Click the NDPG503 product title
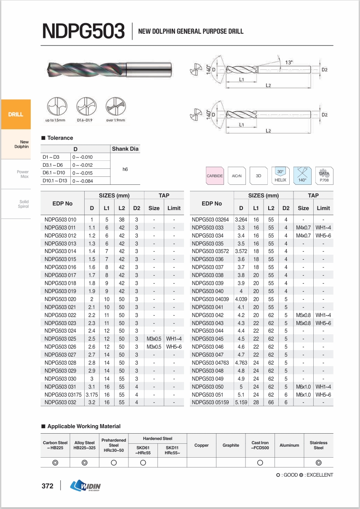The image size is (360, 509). pos(84,32)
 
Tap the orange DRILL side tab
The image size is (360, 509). pos(16,114)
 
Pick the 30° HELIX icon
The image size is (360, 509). pos(280,176)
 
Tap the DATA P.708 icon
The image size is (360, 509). pos(324,176)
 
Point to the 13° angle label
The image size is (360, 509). pos(289,62)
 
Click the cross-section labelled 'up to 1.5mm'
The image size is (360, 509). pos(55,107)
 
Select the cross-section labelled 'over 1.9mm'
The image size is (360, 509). pos(115,107)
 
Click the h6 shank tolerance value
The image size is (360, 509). pos(125,169)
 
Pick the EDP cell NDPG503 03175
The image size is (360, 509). pos(63,394)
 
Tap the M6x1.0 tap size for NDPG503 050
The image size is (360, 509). pos(303,386)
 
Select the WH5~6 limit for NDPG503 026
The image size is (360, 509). pos(173,346)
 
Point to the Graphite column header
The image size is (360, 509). pos(231,445)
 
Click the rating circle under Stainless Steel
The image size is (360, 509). pos(318,463)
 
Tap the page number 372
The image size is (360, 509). pos(48,486)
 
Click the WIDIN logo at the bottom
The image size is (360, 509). pos(86,486)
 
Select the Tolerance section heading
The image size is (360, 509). pos(60,138)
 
